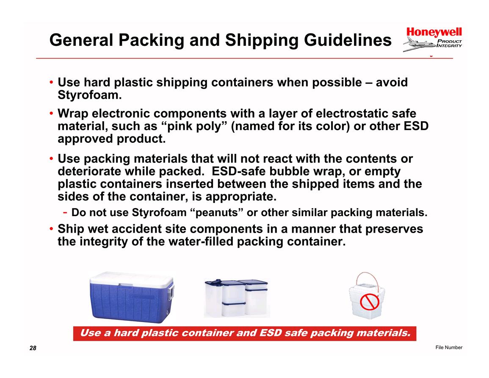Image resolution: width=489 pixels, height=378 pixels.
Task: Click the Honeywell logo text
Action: (434, 32)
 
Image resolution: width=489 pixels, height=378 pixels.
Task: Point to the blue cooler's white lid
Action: (131, 279)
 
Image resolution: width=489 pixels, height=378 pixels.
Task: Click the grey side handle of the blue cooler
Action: (171, 291)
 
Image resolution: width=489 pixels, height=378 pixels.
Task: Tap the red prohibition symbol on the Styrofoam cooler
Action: (370, 302)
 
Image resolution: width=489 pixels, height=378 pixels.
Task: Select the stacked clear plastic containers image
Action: (237, 298)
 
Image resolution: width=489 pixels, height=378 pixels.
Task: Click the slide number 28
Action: (33, 348)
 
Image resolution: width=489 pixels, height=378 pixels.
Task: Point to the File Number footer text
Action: (449, 347)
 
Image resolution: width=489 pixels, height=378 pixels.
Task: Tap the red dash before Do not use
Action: (65, 213)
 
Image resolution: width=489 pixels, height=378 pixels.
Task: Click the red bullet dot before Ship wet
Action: (51, 229)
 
